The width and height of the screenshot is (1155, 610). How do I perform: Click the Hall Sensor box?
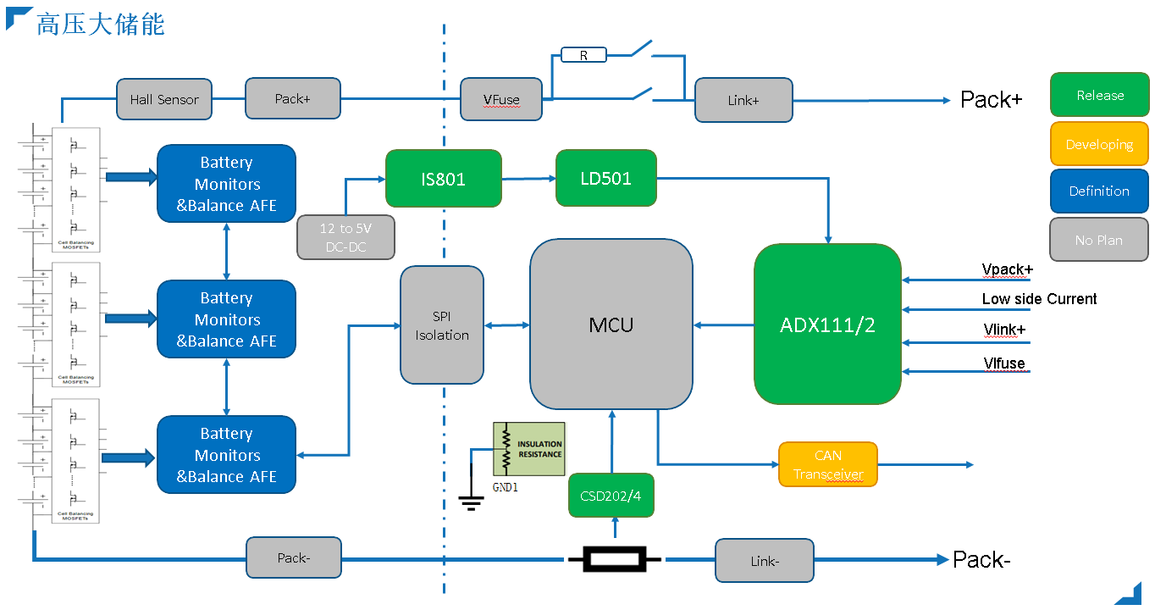164,99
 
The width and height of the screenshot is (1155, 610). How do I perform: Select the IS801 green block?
444,178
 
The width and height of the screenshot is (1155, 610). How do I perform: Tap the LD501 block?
605,178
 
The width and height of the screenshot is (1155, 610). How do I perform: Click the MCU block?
611,324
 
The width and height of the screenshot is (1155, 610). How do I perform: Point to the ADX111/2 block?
827,324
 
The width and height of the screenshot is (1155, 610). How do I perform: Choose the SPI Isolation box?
442,324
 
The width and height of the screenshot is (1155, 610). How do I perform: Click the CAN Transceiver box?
827,464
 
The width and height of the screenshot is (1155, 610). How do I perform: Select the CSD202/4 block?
611,496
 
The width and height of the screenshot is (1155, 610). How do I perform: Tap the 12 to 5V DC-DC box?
345,237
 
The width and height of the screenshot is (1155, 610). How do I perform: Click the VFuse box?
500,99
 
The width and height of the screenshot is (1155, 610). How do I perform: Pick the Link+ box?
743,100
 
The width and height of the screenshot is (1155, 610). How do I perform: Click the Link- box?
764,561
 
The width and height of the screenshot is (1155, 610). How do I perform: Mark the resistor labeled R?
583,55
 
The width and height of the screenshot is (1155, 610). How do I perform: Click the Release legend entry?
1099,96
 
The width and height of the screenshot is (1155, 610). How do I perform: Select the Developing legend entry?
1099,144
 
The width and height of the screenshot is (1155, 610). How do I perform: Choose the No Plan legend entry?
1099,240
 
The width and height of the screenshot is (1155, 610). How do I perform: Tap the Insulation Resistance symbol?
529,448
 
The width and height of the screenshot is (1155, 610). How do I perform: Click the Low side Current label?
1039,299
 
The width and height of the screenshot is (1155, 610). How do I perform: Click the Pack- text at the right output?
981,560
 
